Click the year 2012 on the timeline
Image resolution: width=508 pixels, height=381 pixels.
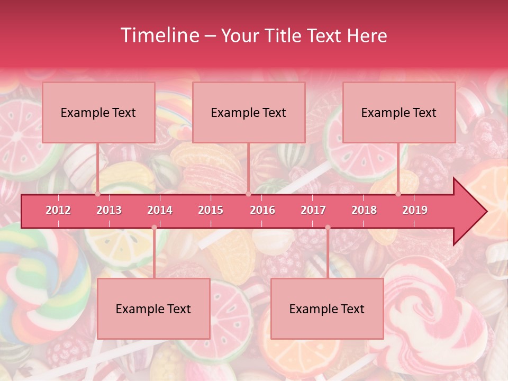tap(58, 210)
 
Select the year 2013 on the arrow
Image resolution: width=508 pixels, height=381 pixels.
tap(109, 210)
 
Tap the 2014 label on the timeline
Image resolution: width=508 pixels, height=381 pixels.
tap(160, 210)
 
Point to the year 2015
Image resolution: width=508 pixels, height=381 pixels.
tap(211, 210)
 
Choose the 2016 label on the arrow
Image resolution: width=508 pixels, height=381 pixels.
tap(262, 210)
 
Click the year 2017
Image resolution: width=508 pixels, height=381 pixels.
tap(313, 210)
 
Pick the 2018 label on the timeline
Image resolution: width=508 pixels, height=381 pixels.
tap(364, 210)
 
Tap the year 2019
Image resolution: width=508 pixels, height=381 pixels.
tap(415, 210)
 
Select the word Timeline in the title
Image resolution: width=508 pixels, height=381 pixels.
tap(159, 35)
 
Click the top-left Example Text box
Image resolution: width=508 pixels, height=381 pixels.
tap(98, 113)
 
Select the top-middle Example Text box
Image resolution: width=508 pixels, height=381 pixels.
tap(249, 113)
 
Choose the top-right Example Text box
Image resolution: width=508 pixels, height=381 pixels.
tap(399, 113)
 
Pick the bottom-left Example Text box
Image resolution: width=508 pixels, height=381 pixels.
tap(153, 309)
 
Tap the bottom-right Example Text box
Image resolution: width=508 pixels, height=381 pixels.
tap(327, 309)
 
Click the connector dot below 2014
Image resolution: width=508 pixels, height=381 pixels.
tap(154, 228)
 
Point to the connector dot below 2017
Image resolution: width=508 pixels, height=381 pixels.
tap(328, 228)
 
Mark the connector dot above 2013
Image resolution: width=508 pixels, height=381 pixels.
tap(97, 194)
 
